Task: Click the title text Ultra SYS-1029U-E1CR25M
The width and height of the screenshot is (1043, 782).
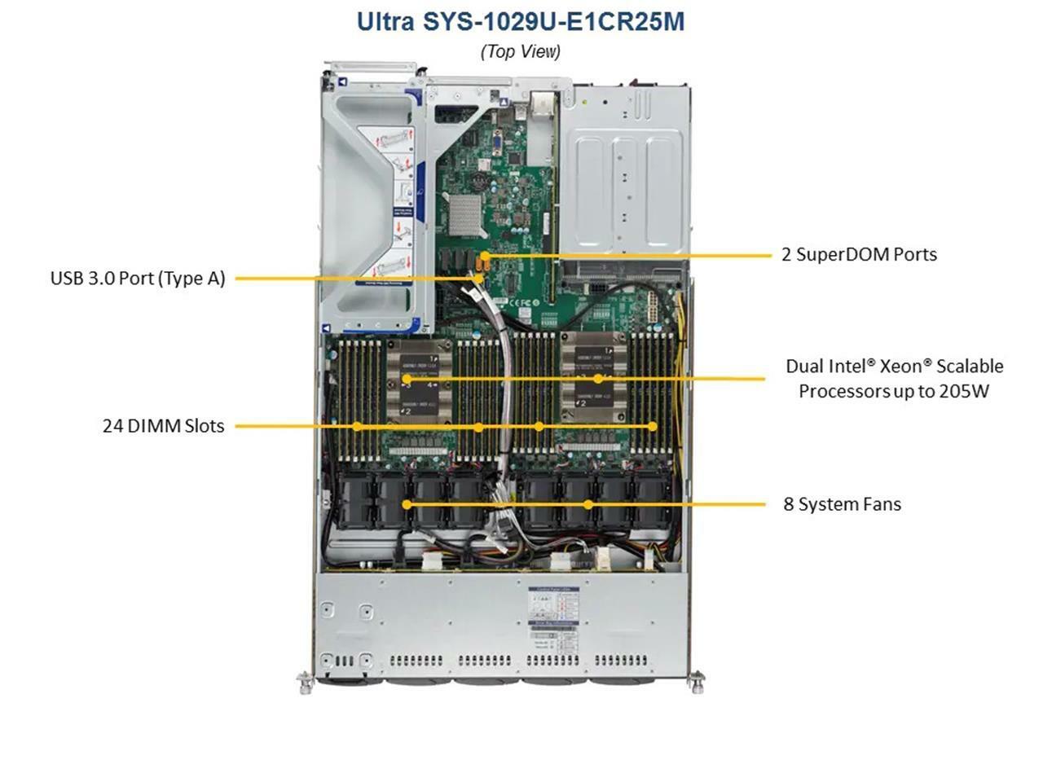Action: tap(521, 22)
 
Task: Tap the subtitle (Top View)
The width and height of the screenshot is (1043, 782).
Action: tap(521, 51)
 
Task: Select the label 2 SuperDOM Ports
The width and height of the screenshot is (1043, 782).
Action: tap(859, 254)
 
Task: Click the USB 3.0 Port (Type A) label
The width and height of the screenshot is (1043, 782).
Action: tap(138, 279)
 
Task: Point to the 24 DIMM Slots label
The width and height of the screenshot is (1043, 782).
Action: tap(164, 426)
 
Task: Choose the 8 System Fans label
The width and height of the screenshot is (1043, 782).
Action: tap(842, 504)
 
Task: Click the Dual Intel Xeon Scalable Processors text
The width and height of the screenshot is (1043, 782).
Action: tap(894, 379)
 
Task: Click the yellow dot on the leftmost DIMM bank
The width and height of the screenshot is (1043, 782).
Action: tap(357, 427)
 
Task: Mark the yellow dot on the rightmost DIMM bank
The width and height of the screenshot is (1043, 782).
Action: tap(653, 427)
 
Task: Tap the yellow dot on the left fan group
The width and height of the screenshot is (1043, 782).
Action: tap(407, 504)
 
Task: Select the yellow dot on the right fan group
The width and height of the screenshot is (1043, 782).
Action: tap(588, 504)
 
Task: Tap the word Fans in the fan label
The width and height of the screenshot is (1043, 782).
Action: tap(880, 504)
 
